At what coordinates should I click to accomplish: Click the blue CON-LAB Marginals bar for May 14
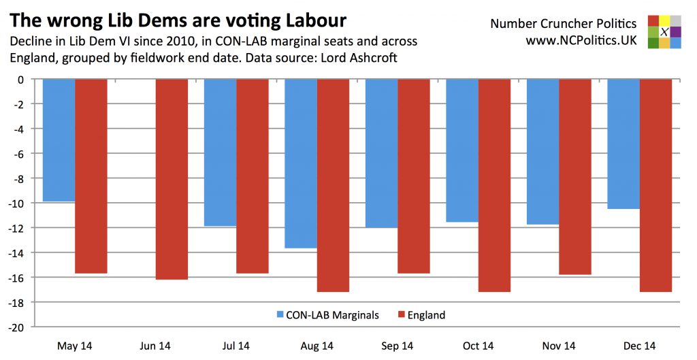pyautogui.click(x=59, y=140)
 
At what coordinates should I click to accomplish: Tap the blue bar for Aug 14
pyautogui.click(x=300, y=163)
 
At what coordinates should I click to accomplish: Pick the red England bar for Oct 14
pyautogui.click(x=494, y=185)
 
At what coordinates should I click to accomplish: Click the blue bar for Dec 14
pyautogui.click(x=623, y=144)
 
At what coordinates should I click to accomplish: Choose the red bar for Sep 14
pyautogui.click(x=414, y=176)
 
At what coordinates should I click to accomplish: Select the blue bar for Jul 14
pyautogui.click(x=220, y=152)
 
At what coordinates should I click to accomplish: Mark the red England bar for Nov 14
pyautogui.click(x=575, y=177)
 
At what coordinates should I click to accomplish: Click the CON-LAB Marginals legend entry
pyautogui.click(x=327, y=315)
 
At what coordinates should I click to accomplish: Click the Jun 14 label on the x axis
pyautogui.click(x=155, y=346)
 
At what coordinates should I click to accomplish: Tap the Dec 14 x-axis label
pyautogui.click(x=639, y=346)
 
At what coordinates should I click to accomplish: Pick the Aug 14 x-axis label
pyautogui.click(x=317, y=346)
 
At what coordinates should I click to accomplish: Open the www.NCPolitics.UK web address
pyautogui.click(x=581, y=41)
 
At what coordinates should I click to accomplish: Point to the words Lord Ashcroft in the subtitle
pyautogui.click(x=363, y=58)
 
